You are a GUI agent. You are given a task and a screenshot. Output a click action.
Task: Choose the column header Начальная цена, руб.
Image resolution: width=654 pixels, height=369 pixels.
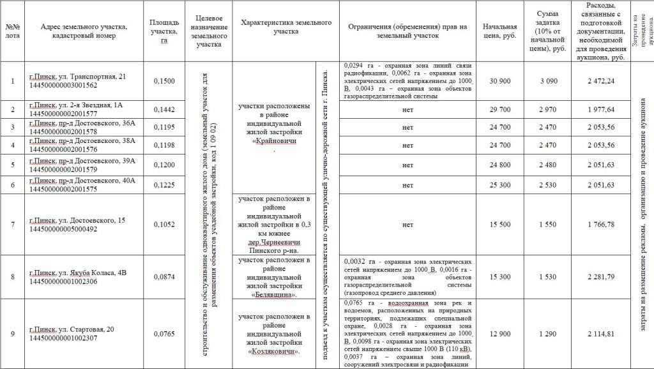499,31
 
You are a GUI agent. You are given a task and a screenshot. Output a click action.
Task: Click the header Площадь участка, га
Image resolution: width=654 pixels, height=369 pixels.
164,31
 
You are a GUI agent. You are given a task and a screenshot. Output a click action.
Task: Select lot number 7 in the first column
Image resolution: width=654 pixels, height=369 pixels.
13,224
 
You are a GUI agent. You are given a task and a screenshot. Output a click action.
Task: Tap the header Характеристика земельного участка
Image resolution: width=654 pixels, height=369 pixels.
285,27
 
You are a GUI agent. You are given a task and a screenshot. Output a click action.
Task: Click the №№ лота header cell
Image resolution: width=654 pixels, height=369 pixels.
13,31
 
